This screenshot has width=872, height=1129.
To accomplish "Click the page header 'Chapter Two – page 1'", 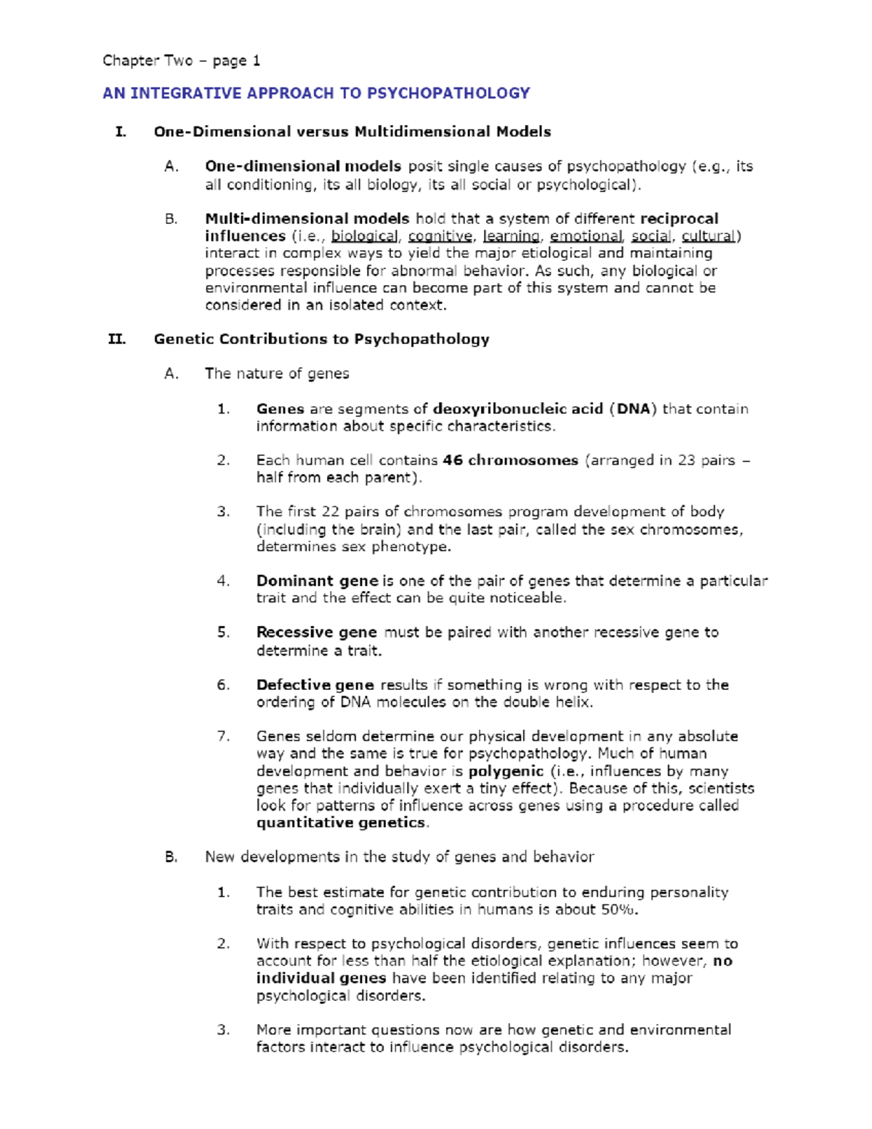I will [x=181, y=60].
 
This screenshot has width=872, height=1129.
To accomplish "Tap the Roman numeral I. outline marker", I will [x=121, y=132].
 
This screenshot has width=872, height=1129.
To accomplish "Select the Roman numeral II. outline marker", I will [x=116, y=339].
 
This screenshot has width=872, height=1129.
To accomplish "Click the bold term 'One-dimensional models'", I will [x=302, y=166].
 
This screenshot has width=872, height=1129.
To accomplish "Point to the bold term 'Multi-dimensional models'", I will [x=307, y=219].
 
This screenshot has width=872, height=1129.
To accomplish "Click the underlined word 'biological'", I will [x=364, y=236].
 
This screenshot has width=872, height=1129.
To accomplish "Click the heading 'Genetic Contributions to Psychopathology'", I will [x=321, y=339].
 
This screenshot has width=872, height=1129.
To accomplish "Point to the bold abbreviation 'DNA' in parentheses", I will [x=633, y=409].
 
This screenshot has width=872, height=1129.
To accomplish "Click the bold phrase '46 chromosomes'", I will [x=510, y=460].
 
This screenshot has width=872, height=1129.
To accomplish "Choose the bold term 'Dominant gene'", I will [x=317, y=581].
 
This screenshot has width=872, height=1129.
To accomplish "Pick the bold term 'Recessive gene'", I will [x=316, y=632].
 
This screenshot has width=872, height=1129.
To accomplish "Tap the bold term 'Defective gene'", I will [x=315, y=685].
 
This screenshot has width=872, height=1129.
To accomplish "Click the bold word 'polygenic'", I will [x=506, y=771].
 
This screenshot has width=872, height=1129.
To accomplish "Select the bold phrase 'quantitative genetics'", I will [x=341, y=823].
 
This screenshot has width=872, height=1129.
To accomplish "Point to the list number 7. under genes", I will [x=223, y=736].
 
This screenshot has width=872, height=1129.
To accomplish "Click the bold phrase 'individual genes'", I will [x=320, y=979].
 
